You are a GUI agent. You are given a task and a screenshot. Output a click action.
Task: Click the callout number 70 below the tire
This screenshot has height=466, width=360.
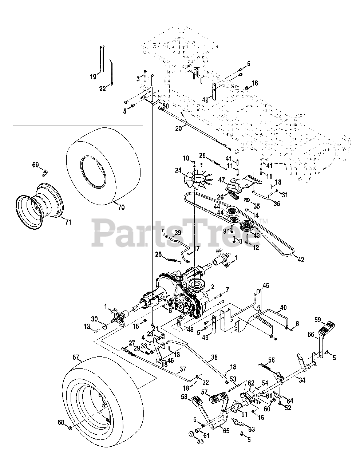121,208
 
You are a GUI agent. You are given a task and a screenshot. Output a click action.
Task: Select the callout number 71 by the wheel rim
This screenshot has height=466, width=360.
68,222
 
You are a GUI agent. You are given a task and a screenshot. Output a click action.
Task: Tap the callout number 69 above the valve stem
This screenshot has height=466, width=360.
35,165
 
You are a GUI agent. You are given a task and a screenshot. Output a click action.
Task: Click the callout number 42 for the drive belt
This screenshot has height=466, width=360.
301,260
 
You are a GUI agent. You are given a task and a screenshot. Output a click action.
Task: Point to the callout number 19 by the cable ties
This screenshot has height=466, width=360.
93,76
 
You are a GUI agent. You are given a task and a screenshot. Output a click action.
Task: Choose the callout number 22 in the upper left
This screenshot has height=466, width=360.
103,88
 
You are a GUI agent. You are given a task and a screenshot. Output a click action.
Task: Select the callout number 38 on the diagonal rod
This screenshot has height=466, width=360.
214,358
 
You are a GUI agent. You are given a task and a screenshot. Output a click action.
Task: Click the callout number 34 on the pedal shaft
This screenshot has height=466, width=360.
301,380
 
